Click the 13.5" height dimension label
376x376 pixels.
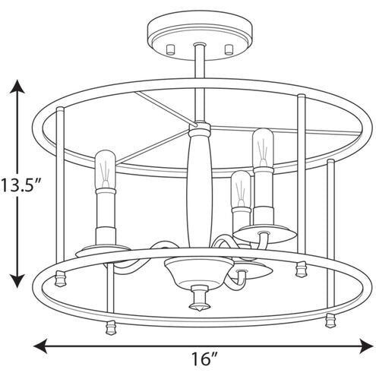pyautogui.click(x=21, y=185)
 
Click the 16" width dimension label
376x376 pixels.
pyautogui.click(x=204, y=359)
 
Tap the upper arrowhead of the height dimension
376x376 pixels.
pyautogui.click(x=17, y=87)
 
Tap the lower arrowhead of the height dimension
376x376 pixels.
pyautogui.click(x=17, y=280)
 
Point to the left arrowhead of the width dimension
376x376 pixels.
pyautogui.click(x=40, y=346)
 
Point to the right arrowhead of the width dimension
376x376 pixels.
pyautogui.click(x=366, y=346)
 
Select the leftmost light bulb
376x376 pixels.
pyautogui.click(x=106, y=170)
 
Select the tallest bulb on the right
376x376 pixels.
pyautogui.click(x=262, y=148)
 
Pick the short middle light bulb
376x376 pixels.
pyautogui.click(x=241, y=189)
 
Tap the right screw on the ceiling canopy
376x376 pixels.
pyautogui.click(x=229, y=49)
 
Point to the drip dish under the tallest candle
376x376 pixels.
pyautogui.click(x=264, y=232)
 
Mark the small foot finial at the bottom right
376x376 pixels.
pyautogui.click(x=331, y=321)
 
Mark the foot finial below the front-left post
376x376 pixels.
pyautogui.click(x=111, y=328)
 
